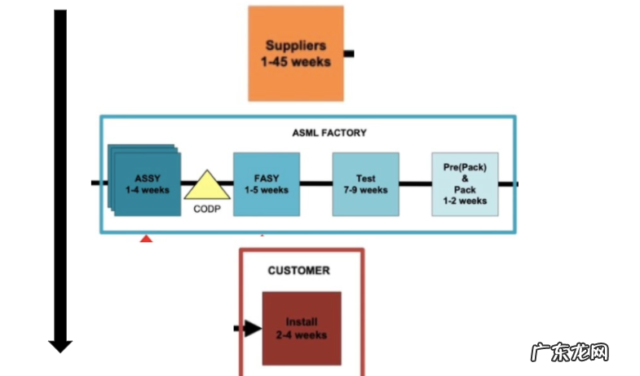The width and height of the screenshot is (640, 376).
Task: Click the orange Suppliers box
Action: [x=296, y=54]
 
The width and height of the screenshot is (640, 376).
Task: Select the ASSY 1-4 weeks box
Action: [x=147, y=184]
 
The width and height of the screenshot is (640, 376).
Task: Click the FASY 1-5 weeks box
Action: [x=266, y=184]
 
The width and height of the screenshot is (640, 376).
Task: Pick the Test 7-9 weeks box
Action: [x=365, y=184]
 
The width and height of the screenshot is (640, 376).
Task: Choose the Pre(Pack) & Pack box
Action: [x=465, y=184]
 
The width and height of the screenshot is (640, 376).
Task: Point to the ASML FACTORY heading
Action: [x=329, y=132]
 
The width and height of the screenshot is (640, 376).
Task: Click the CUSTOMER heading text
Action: [x=299, y=271]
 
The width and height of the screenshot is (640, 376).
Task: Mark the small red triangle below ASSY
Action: [x=146, y=238]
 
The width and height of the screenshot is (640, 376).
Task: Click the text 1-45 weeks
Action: [x=296, y=60]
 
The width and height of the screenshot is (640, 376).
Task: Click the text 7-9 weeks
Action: [x=365, y=190]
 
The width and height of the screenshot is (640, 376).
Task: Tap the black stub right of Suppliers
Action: [x=349, y=54]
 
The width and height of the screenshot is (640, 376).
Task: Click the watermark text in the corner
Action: [x=570, y=353]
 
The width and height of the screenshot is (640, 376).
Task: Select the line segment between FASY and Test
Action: [x=316, y=184]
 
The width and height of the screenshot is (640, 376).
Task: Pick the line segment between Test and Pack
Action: [x=415, y=184]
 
